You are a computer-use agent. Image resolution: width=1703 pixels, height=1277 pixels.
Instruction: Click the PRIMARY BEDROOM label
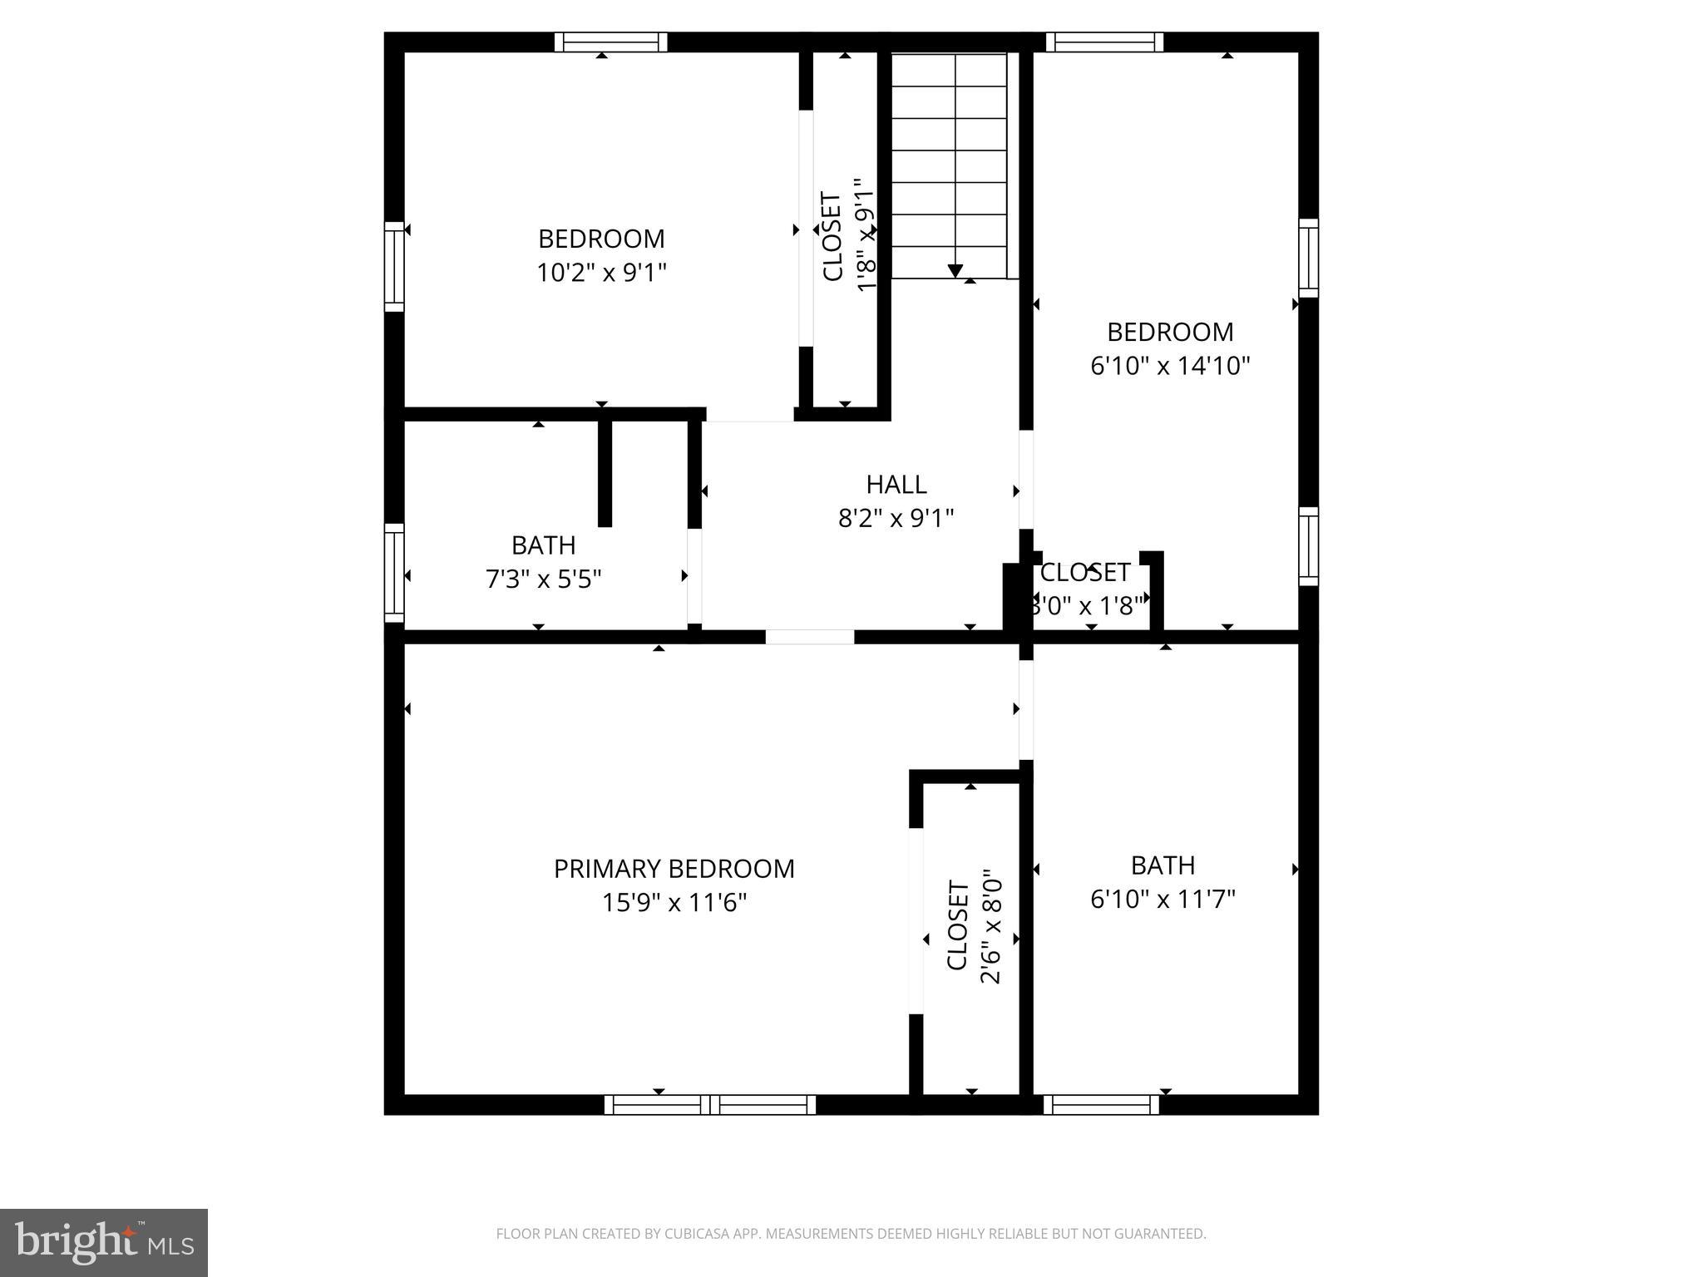[x=674, y=868]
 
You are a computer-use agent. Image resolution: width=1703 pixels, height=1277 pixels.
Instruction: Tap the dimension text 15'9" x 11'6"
[x=674, y=902]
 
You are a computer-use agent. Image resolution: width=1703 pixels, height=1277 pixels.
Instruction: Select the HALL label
[x=896, y=484]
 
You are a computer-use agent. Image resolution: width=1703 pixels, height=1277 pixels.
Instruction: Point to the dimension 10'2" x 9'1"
[x=601, y=272]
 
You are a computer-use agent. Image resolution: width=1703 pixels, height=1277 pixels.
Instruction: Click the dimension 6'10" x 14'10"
[x=1170, y=365]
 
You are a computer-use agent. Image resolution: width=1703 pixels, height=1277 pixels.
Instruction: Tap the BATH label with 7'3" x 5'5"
[x=543, y=545]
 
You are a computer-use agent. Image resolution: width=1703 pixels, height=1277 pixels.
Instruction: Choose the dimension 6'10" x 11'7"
[x=1162, y=899]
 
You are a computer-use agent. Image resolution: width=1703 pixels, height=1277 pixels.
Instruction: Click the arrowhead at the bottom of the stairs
[x=955, y=271]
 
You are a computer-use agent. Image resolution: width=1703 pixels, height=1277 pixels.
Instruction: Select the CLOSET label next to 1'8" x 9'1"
[x=832, y=237]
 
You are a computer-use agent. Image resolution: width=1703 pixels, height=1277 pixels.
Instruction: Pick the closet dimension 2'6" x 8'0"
[x=991, y=926]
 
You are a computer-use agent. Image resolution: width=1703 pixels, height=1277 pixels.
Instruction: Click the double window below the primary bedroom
[x=709, y=1104]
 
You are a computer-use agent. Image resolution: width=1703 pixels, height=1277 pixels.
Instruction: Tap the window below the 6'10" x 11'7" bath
[x=1101, y=1104]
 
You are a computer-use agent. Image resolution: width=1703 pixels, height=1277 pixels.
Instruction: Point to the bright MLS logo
[x=104, y=1242]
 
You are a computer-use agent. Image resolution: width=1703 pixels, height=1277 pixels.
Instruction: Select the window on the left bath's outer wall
[x=394, y=573]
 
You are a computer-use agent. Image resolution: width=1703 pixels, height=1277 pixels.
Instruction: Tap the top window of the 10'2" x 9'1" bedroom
[x=610, y=42]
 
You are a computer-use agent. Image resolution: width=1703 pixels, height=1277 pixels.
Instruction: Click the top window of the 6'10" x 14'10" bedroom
[x=1103, y=42]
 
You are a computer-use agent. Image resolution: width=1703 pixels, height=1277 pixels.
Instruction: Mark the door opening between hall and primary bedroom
[x=809, y=637]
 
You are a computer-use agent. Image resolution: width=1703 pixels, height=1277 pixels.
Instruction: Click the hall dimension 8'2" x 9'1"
[x=896, y=518]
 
